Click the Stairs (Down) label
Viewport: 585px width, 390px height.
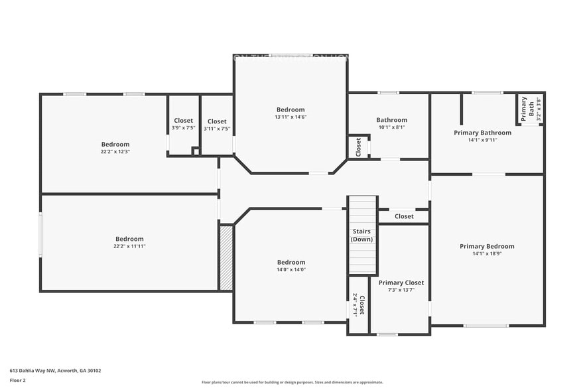(x=362, y=235)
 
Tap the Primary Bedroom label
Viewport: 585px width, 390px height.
(x=487, y=246)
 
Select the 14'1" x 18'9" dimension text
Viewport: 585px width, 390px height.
(x=487, y=254)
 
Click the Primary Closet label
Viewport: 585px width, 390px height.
(x=401, y=283)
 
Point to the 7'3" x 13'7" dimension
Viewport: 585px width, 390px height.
(x=401, y=291)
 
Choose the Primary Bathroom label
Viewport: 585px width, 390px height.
(x=482, y=133)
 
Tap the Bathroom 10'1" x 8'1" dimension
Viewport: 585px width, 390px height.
(x=391, y=127)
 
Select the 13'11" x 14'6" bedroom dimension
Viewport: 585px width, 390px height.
(x=291, y=117)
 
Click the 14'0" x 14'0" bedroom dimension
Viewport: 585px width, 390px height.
(x=291, y=270)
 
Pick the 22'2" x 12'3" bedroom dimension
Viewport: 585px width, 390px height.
(x=115, y=152)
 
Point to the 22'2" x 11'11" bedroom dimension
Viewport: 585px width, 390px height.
(x=129, y=247)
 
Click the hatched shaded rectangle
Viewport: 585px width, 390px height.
(x=226, y=258)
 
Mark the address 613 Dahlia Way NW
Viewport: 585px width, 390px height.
(x=55, y=371)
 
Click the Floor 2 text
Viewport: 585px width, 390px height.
(x=17, y=380)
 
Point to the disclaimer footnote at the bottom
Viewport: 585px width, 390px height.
(x=292, y=382)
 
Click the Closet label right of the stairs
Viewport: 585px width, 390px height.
(x=403, y=216)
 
